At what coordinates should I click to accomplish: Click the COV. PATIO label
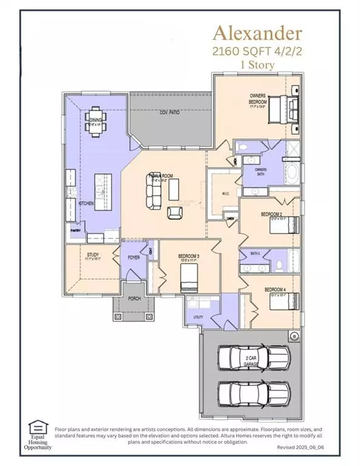point(171,113)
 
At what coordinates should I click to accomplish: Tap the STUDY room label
point(93,255)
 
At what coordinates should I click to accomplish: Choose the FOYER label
point(134,258)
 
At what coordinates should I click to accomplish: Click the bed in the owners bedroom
point(285,110)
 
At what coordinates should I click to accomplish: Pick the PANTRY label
point(76,231)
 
